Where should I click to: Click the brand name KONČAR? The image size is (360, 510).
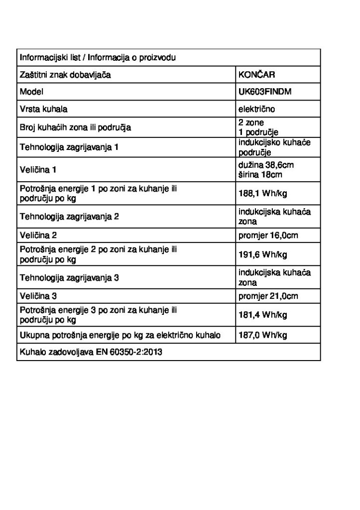tap(256, 75)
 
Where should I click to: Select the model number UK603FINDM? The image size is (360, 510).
tap(263, 92)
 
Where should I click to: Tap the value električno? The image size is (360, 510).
tap(256, 109)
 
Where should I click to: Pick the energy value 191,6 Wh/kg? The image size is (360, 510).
tap(263, 255)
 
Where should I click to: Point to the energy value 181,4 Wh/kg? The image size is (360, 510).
tap(263, 315)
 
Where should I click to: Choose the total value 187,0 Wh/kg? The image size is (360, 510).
tap(263, 335)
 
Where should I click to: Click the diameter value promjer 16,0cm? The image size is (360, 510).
tap(268, 235)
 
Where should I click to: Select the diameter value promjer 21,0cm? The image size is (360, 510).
tap(268, 296)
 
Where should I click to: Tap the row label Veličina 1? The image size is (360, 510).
tap(38, 170)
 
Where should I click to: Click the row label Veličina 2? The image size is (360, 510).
tap(38, 235)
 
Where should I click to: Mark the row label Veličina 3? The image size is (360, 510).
tap(38, 296)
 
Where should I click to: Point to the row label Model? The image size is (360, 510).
tap(31, 92)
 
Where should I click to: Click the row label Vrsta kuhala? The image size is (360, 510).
tap(44, 109)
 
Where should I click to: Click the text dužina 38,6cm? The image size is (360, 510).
tap(269, 164)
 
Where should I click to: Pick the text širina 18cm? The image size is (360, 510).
tap(260, 174)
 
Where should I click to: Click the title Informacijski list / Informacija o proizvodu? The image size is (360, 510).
tap(97, 58)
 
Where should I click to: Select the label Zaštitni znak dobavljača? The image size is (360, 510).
tap(65, 75)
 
